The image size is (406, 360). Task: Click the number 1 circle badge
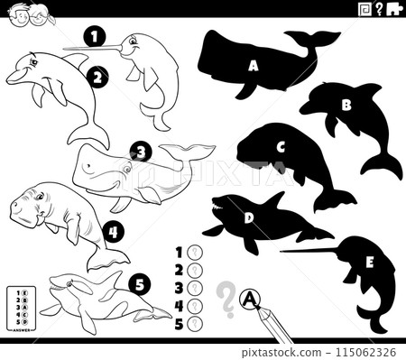coord(92,37)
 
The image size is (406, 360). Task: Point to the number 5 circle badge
coord(135,286)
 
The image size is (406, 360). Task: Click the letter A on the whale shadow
coord(254,65)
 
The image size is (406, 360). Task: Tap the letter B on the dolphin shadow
coord(345,105)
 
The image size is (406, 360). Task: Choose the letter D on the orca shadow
coord(249,217)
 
